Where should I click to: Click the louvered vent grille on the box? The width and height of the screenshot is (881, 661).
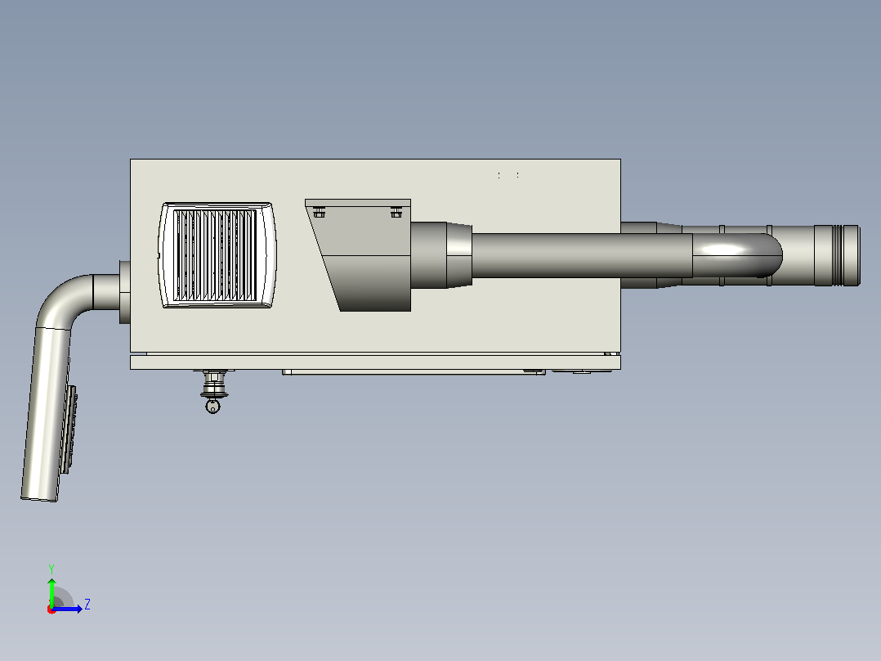coord(217,255)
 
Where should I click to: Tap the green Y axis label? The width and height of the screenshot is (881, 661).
coord(51,569)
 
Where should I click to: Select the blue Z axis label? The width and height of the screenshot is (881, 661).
coord(87,605)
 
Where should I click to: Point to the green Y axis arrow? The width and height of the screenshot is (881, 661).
coord(51,591)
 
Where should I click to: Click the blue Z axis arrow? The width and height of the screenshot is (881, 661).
coord(67,609)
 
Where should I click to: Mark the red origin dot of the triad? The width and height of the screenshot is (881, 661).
coord(51,609)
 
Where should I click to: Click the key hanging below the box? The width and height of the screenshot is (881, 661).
coord(212,406)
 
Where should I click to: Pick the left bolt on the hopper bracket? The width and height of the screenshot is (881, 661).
coord(319,212)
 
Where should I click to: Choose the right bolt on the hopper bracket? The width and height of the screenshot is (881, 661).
coord(396,212)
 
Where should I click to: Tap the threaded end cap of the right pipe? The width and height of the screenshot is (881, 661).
coord(837,255)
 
